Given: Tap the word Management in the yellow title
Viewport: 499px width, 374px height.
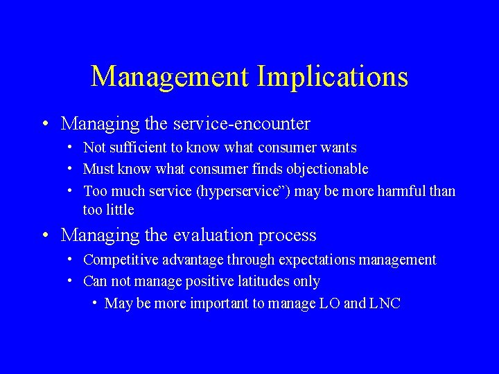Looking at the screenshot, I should click(x=169, y=77).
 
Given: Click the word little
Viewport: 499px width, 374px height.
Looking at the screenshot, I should click(x=119, y=209).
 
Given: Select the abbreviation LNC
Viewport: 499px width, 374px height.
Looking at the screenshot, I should click(x=385, y=303).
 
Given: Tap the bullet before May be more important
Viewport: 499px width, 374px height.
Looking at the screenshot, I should click(x=94, y=303).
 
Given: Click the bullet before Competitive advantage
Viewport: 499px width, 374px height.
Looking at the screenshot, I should click(x=71, y=260).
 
